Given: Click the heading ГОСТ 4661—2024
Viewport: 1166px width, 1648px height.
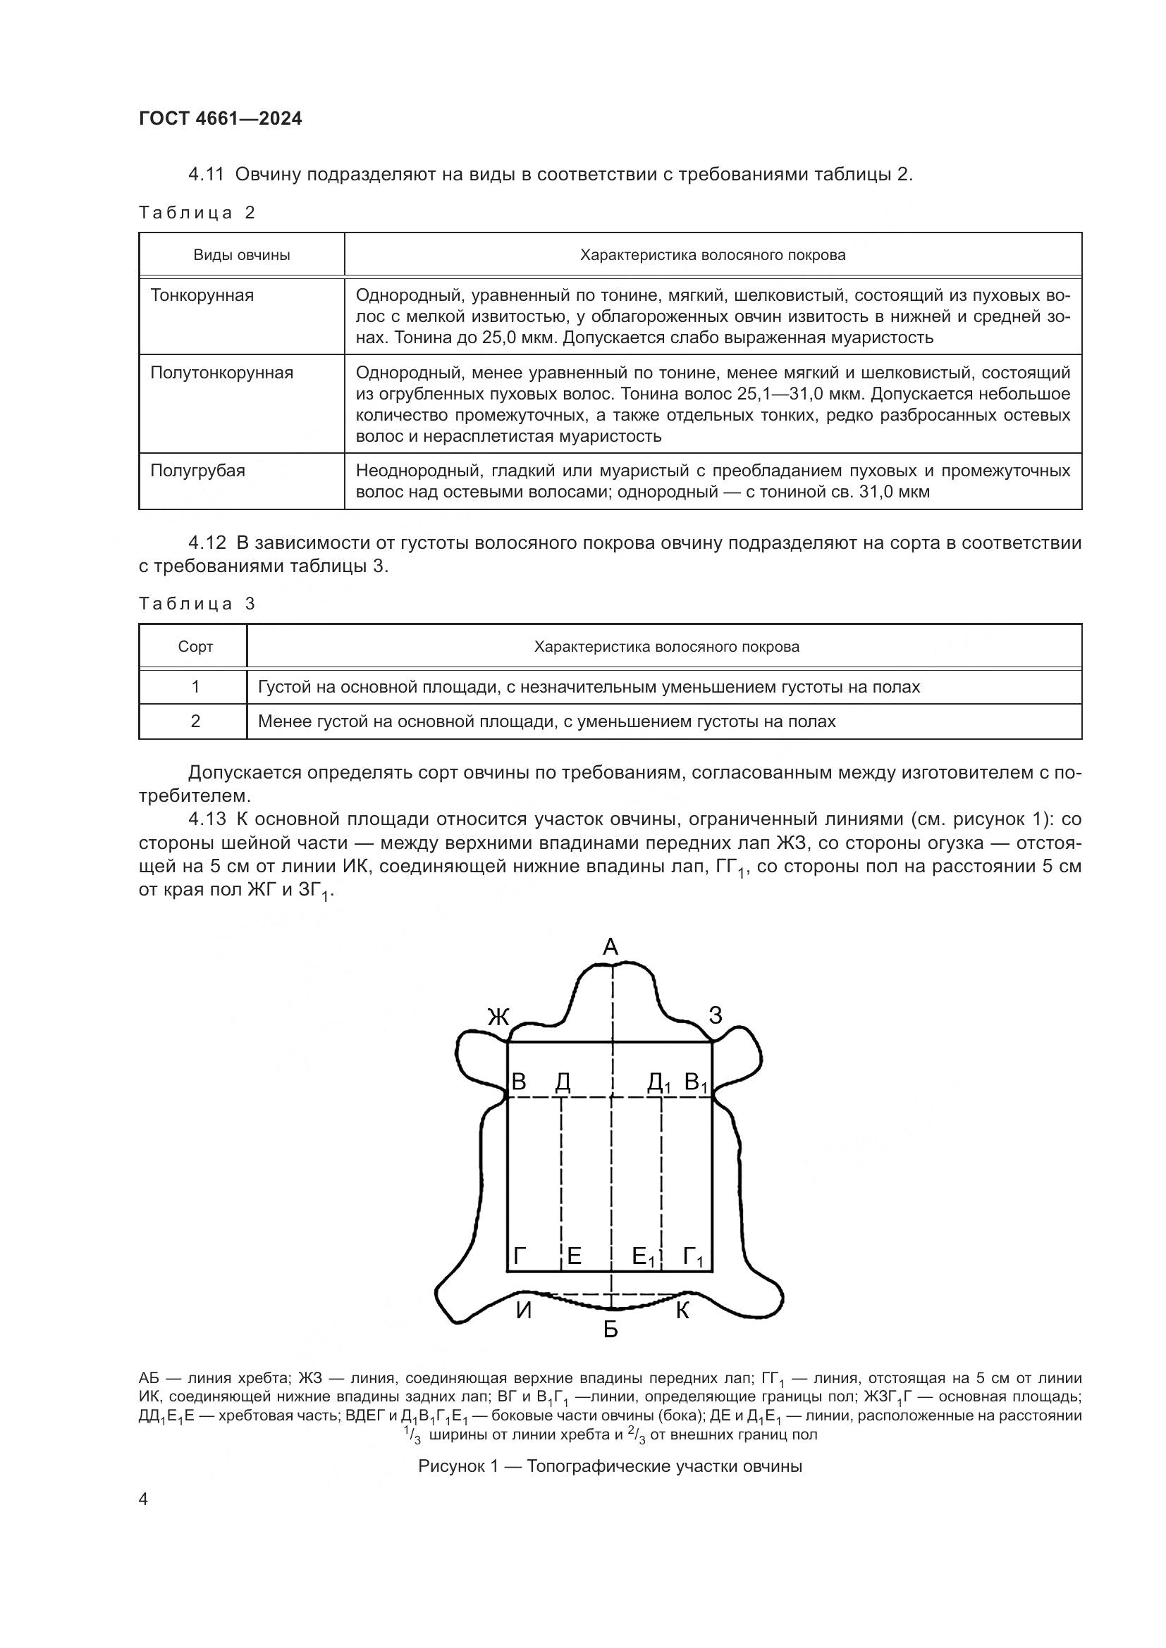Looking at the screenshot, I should tap(221, 118).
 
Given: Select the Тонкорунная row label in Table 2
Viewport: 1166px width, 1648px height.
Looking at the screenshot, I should tap(202, 295).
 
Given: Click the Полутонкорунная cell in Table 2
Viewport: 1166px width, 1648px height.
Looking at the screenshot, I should tap(221, 373).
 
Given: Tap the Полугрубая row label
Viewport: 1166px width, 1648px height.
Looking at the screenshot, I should tap(197, 471).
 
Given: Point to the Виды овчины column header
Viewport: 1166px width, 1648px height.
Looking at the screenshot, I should tap(241, 255).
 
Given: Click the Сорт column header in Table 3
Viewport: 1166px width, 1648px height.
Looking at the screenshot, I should tap(195, 647).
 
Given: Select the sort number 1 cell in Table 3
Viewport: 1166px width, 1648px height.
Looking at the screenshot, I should tap(195, 687).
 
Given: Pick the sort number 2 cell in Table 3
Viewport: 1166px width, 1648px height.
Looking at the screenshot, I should tap(195, 721).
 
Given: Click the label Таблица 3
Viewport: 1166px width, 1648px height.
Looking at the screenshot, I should tap(197, 604).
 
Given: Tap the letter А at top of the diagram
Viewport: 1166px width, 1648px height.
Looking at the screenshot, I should tap(610, 948).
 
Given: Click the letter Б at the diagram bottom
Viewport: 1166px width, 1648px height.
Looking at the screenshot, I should tap(610, 1330).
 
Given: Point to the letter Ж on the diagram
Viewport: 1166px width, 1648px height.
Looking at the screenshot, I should tap(498, 1017).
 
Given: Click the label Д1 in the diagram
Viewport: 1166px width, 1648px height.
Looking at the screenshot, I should tap(658, 1082).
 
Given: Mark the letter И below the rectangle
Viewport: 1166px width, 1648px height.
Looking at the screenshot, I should tap(523, 1311).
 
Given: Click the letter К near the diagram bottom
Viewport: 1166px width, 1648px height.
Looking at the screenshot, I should tap(682, 1311).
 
